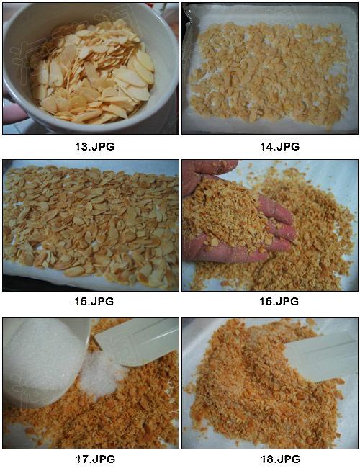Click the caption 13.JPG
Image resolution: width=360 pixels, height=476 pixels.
[x=94, y=147]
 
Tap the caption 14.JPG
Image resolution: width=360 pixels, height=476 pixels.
[x=279, y=147]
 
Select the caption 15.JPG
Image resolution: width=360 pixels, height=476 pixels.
[x=94, y=301]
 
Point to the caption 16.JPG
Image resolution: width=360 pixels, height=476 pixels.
[x=279, y=301]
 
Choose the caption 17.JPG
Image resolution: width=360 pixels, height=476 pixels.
[x=95, y=459]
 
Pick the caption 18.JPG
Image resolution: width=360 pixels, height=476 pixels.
[x=280, y=459]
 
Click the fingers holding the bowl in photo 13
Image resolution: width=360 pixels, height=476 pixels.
[x=14, y=109]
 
